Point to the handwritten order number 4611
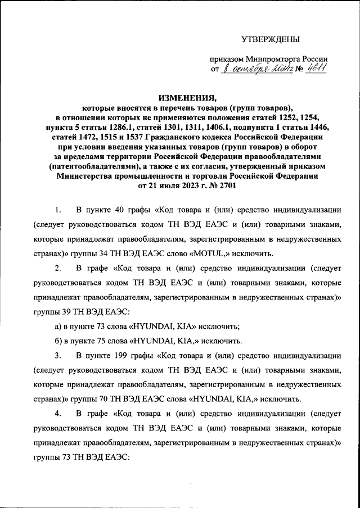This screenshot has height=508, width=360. [316, 69]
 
